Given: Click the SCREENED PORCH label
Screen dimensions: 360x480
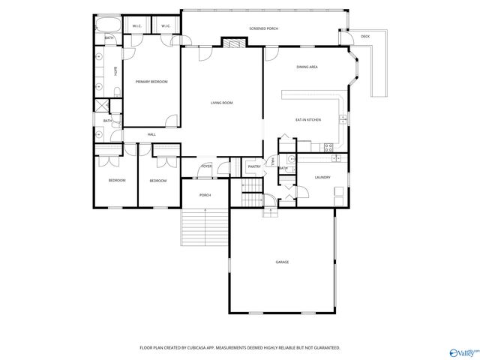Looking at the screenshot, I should [x=263, y=28].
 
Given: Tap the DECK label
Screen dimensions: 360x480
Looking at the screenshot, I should [x=365, y=37].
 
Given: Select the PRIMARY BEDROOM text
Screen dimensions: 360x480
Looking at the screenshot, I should [x=151, y=82].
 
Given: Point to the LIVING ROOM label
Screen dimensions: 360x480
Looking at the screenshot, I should [x=222, y=102].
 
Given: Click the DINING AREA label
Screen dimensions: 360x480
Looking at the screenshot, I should [x=307, y=67].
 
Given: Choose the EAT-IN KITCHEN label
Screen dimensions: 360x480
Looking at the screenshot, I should [x=308, y=120].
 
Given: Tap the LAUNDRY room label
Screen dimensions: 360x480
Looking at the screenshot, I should [x=323, y=177].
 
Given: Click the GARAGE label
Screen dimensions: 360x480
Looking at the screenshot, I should [x=282, y=262].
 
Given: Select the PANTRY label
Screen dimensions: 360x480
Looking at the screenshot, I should [x=254, y=166].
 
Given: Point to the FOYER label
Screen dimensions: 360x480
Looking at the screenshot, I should [x=206, y=166].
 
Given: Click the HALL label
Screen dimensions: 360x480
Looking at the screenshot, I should [x=151, y=134].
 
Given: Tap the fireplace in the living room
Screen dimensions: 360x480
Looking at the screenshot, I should [x=233, y=43].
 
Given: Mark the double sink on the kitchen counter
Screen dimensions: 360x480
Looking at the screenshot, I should [x=343, y=118].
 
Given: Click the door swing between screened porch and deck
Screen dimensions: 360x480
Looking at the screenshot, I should [x=346, y=38].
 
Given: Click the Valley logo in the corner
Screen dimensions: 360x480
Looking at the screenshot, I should [x=463, y=350].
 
